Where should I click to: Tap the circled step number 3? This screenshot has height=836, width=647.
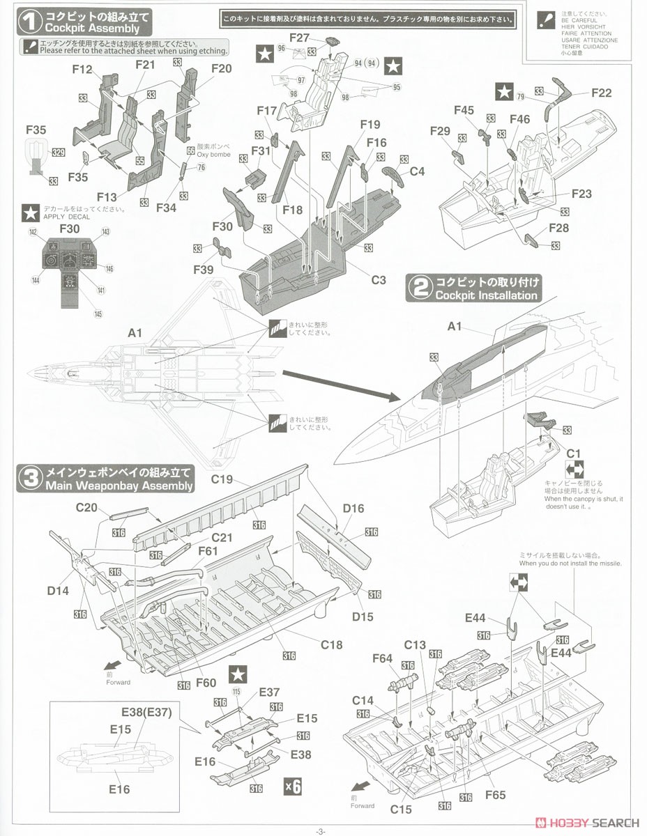tap(29, 479)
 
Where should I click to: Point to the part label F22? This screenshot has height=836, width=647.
tap(600, 93)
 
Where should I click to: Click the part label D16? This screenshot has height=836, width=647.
tap(353, 509)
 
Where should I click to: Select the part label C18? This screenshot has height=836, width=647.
tap(331, 644)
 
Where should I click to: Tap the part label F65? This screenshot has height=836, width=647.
tap(495, 794)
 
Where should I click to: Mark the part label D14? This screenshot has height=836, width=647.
tap(59, 591)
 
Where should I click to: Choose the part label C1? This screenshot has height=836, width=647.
tap(573, 454)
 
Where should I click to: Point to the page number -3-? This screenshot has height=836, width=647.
tap(320, 830)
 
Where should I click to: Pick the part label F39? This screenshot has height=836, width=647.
tap(204, 269)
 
